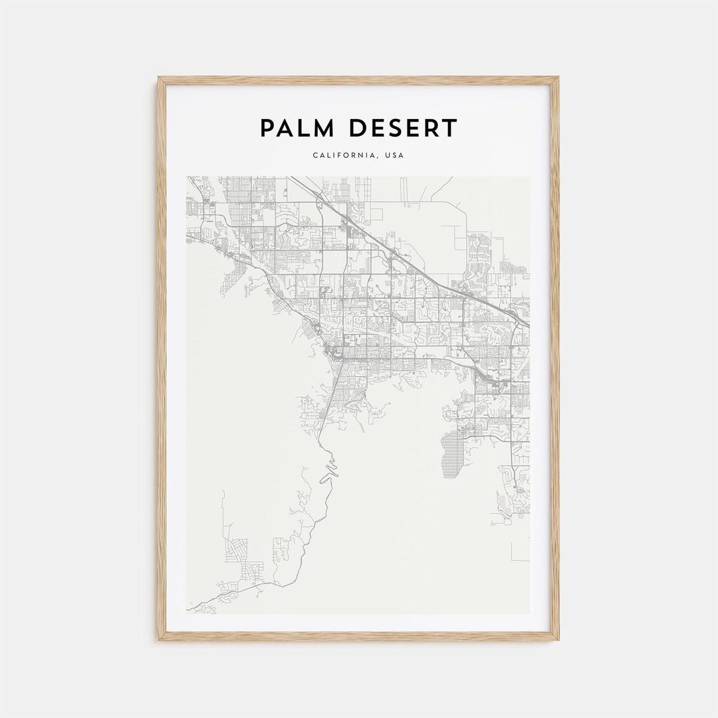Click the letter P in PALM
(x=267, y=128)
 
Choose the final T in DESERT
(x=450, y=128)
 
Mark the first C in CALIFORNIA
(x=314, y=156)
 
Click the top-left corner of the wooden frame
(x=160, y=78)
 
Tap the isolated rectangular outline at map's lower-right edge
(x=521, y=551)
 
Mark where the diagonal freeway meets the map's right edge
(x=528, y=324)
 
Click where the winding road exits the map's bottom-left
(x=189, y=609)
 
